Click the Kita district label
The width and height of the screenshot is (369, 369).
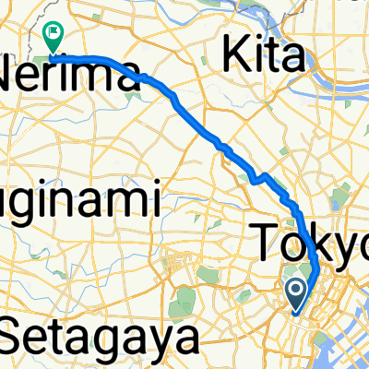pos(266,56)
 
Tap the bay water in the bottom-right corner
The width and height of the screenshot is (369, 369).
pos(355,355)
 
